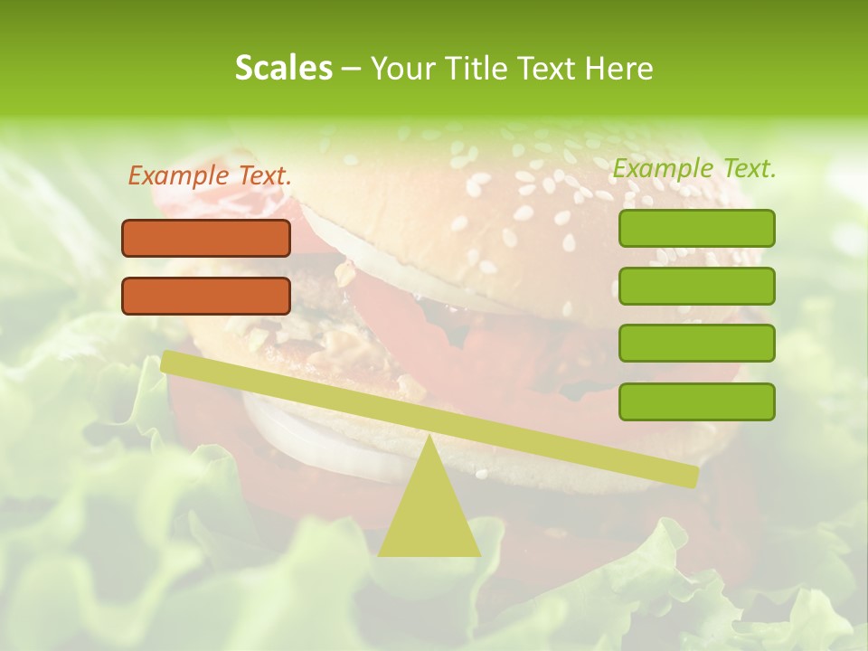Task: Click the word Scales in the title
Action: pos(283,68)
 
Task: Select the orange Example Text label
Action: pos(210,176)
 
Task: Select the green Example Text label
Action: pos(694,168)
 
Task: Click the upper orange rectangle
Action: pos(206,238)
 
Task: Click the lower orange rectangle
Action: pos(206,296)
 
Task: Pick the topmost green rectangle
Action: pos(696,228)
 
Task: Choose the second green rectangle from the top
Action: pos(696,286)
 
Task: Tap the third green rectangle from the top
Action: pos(696,343)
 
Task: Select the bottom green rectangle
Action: pos(696,401)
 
